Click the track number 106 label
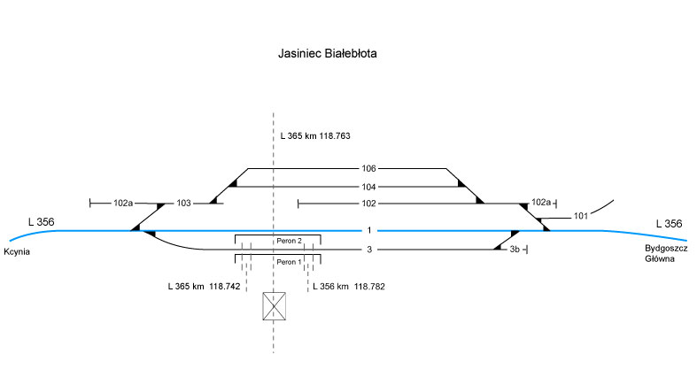pos(369,168)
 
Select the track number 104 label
pos(369,187)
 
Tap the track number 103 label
pos(184,204)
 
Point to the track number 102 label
pos(369,204)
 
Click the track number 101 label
pos(581,216)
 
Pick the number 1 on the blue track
pos(368,231)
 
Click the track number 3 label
pos(368,250)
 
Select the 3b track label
pos(515,250)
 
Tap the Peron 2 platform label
pos(290,241)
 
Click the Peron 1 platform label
pos(290,262)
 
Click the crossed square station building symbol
pos(275,306)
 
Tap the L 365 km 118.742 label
pos(204,287)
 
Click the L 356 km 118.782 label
pos(351,287)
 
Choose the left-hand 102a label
pos(123,204)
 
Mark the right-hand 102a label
pos(540,204)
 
